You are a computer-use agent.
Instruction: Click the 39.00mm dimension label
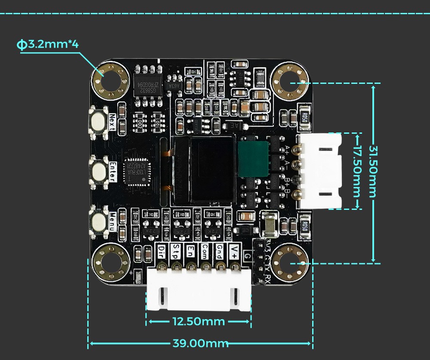click(x=200, y=343)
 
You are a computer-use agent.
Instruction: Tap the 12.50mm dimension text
click(x=199, y=322)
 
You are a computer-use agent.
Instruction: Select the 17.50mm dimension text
click(x=357, y=171)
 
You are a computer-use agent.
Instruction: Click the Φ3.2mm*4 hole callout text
click(x=47, y=44)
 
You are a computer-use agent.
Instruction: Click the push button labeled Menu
click(x=99, y=221)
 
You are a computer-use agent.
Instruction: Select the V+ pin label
click(x=234, y=251)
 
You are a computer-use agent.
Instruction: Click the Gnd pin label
click(x=219, y=251)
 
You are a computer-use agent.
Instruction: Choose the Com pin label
click(x=205, y=251)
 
